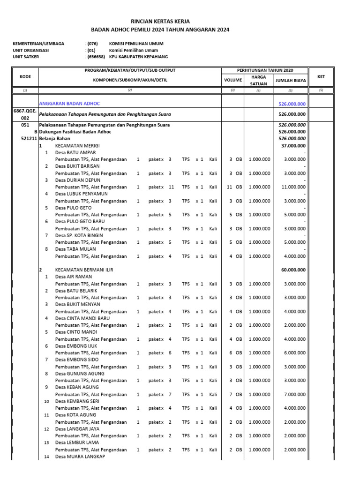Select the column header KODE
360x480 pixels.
pyautogui.click(x=25, y=76)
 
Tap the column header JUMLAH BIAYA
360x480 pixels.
pyautogui.click(x=291, y=80)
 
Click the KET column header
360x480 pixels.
pyautogui.click(x=321, y=76)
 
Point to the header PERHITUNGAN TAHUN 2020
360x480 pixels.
pyautogui.click(x=265, y=70)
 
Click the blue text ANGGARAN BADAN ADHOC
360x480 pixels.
pyautogui.click(x=69, y=104)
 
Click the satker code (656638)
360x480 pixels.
pyautogui.click(x=95, y=57)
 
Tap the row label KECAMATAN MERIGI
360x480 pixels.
pyautogui.click(x=77, y=146)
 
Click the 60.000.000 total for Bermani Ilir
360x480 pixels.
pyautogui.click(x=293, y=270)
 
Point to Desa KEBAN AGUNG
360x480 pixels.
pyautogui.click(x=77, y=387)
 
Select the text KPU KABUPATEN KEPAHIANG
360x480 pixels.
pyautogui.click(x=136, y=57)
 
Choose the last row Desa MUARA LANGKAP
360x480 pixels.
pyautogui.click(x=80, y=456)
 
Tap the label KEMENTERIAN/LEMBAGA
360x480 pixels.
pyautogui.click(x=38, y=44)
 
